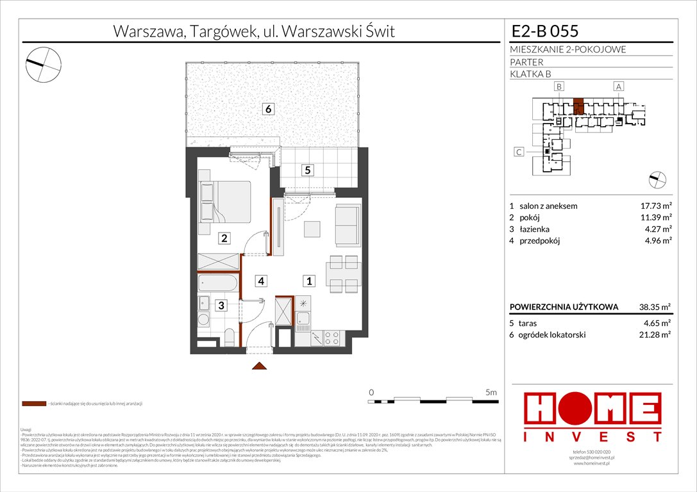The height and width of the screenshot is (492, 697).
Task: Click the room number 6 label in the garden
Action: [x=269, y=110]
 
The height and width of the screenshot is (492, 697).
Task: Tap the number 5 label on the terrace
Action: [x=308, y=170]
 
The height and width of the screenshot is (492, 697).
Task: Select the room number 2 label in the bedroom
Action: [x=224, y=239]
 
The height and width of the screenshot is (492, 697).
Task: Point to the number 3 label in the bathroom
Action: [x=220, y=306]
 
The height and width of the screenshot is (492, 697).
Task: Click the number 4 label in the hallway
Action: [x=262, y=280]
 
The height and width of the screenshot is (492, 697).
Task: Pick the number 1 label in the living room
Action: [x=308, y=280]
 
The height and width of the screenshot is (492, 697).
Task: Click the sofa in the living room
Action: [x=348, y=225]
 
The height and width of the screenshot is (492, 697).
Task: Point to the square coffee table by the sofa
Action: [x=312, y=229]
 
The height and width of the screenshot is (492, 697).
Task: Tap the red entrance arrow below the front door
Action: [x=259, y=366]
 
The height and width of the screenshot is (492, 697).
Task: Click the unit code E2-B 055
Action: [x=545, y=31]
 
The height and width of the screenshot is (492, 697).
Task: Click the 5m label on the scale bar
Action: [x=491, y=391]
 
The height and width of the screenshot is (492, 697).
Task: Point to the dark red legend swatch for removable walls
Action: [x=33, y=404]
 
